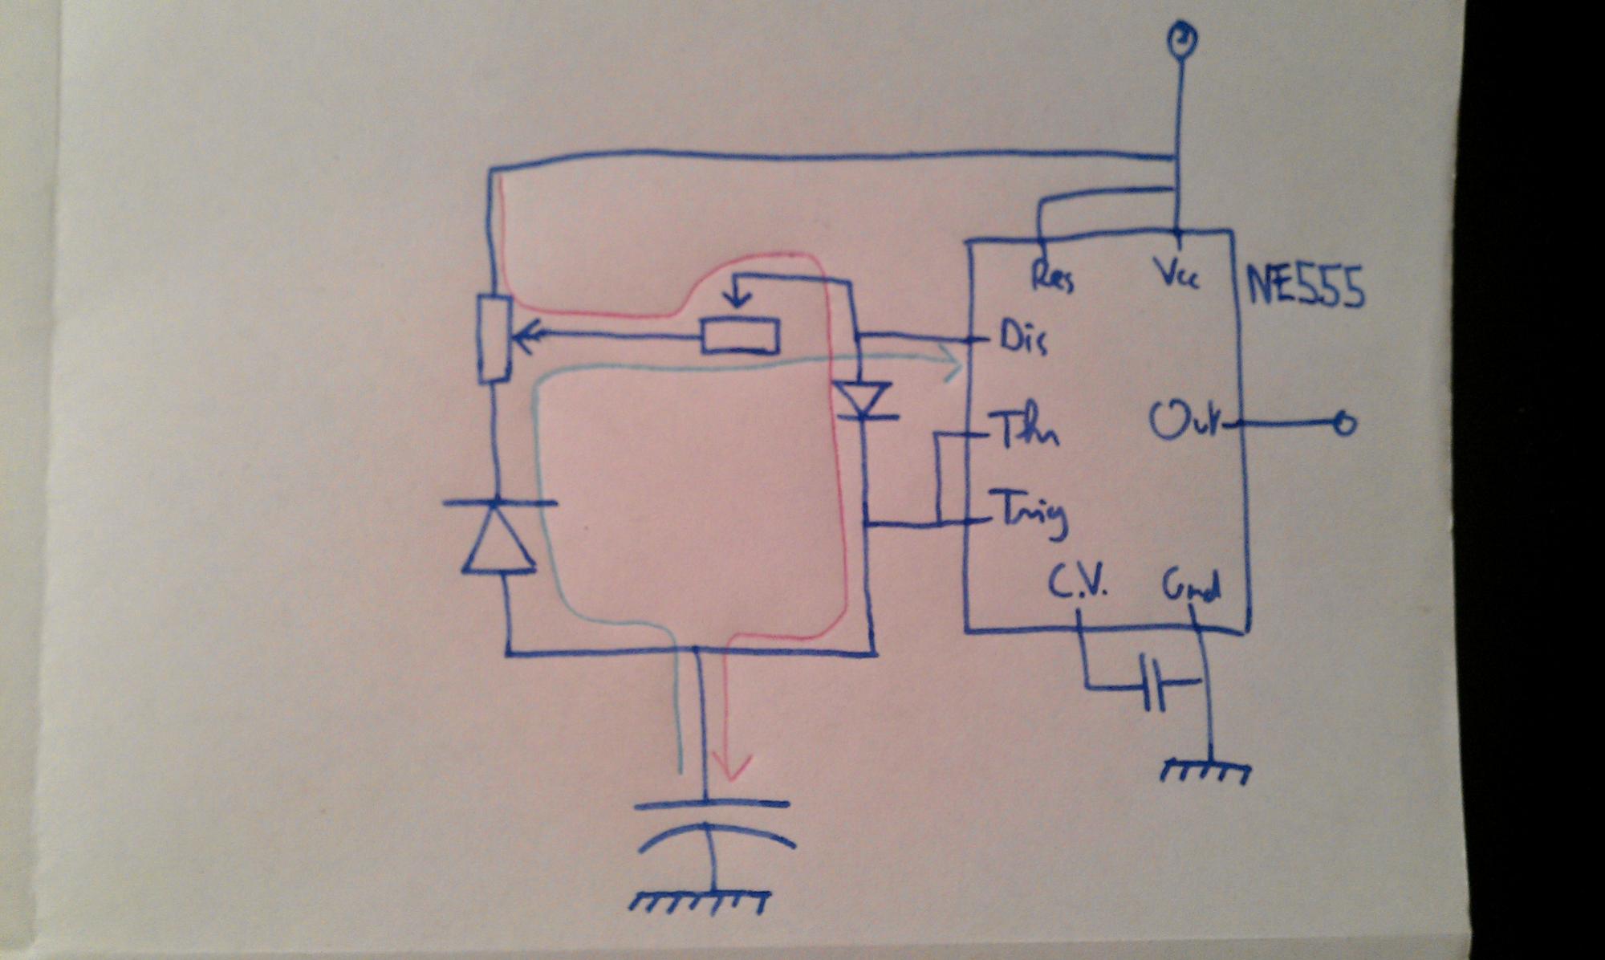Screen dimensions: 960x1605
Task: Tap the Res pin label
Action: pyautogui.click(x=1052, y=277)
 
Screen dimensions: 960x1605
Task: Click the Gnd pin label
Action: pyautogui.click(x=1191, y=588)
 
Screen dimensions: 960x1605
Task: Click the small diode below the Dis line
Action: pyautogui.click(x=863, y=400)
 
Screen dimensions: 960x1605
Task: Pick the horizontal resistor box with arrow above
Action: pyautogui.click(x=740, y=336)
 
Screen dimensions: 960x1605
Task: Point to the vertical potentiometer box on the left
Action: pyautogui.click(x=494, y=339)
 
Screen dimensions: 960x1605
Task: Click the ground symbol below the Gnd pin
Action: pyautogui.click(x=1205, y=771)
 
